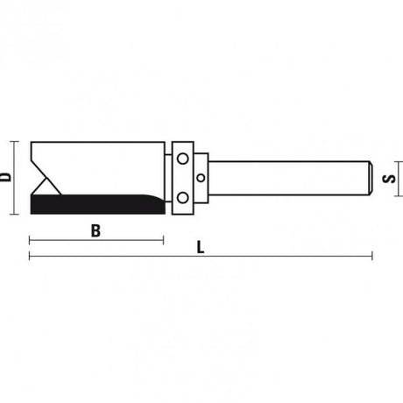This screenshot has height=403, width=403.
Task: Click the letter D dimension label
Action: click(x=7, y=176)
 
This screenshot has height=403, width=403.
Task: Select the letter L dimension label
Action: click(x=201, y=248)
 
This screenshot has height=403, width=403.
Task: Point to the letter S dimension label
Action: click(x=394, y=178)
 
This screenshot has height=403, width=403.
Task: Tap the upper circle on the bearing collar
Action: click(x=182, y=159)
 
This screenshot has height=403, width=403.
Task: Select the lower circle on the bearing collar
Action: click(x=182, y=195)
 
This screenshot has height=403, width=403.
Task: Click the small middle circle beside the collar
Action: click(x=201, y=177)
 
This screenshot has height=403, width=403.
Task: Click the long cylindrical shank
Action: click(x=289, y=177)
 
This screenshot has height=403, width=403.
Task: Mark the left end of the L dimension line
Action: click(x=30, y=256)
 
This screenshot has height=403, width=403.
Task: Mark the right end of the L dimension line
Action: click(x=373, y=256)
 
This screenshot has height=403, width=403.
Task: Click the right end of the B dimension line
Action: click(x=164, y=238)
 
